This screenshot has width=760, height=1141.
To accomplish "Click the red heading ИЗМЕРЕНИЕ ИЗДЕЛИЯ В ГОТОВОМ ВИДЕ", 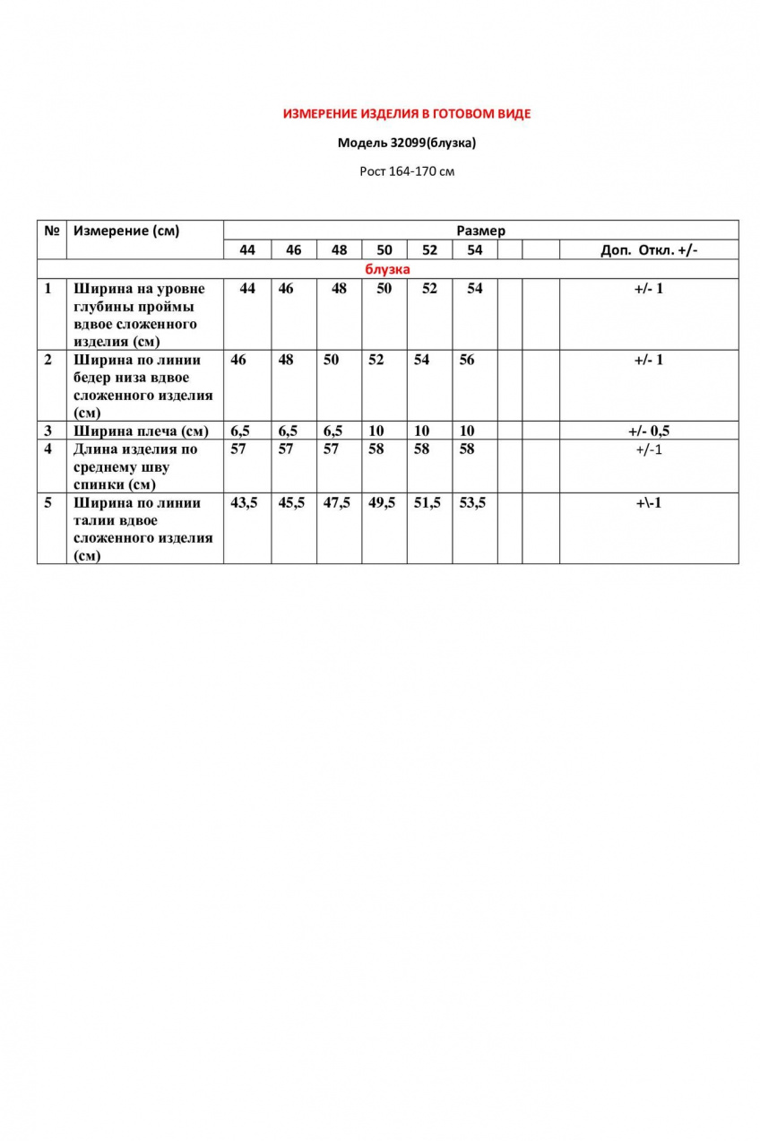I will pos(407,114).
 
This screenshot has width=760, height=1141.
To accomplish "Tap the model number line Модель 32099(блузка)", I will pos(407,142).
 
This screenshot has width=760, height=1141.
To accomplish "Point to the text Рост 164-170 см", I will pos(407,170).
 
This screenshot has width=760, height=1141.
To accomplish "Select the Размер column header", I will pos(480,231).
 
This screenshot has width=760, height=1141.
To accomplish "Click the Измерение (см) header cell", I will pos(126,231).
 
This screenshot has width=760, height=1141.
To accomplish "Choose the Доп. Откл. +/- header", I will pos(648,250).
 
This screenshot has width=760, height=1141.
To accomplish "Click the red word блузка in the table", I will pos(387,269).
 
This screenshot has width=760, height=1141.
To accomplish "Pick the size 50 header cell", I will pos(384,250).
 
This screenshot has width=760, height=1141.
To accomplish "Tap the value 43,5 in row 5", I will pos(244,503).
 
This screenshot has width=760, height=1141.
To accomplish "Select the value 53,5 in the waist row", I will pos(472,503).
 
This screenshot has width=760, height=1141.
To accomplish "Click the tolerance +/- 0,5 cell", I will pos(648,431).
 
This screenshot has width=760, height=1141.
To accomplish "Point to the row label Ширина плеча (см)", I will pos(141,431).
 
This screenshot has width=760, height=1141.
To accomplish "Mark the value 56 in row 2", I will pos(467,360).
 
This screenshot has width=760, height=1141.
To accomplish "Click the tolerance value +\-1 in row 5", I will pos(648,503).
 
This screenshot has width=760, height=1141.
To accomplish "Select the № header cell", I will pos(51,231).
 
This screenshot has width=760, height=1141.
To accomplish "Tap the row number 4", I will pos(48,449).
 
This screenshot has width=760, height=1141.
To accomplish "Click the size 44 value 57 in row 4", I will pos(238,449).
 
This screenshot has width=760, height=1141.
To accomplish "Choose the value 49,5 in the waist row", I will pos(383,503).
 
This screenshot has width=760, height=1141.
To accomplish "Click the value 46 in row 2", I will pos(238,360).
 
